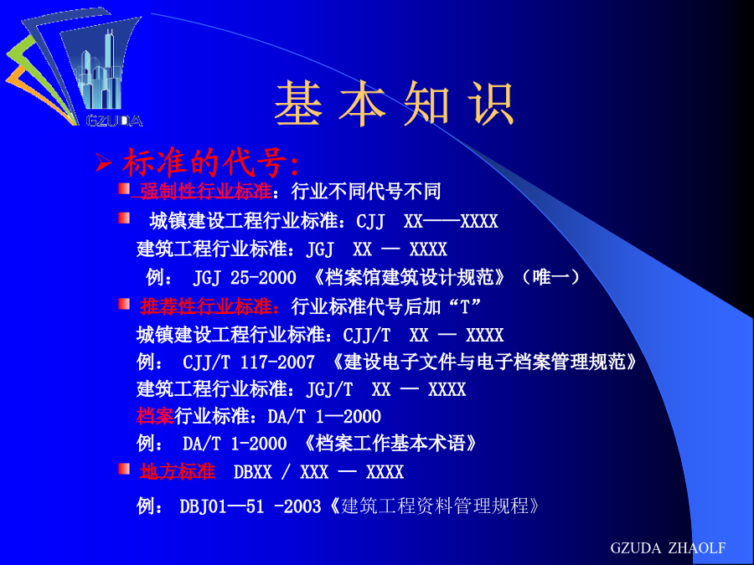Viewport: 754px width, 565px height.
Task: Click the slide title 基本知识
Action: click(395, 104)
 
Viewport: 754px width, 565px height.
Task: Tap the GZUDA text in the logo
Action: click(115, 121)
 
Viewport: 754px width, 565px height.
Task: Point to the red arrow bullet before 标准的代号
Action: click(104, 162)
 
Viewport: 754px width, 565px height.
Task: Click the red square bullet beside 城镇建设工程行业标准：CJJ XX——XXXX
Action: click(124, 218)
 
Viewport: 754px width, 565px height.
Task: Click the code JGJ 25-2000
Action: click(245, 278)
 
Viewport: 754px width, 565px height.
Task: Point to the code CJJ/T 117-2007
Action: click(249, 362)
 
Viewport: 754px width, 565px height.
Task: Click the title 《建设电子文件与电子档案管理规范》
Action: click(484, 362)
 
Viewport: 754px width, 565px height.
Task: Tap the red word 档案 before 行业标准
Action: click(155, 416)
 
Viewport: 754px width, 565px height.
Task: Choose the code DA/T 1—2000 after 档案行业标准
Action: click(324, 417)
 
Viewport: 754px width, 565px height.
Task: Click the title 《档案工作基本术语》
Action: click(390, 444)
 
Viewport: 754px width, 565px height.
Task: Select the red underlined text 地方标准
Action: click(178, 471)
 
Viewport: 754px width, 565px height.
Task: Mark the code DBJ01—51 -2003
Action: click(250, 506)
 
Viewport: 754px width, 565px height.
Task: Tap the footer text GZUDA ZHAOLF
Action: click(668, 547)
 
